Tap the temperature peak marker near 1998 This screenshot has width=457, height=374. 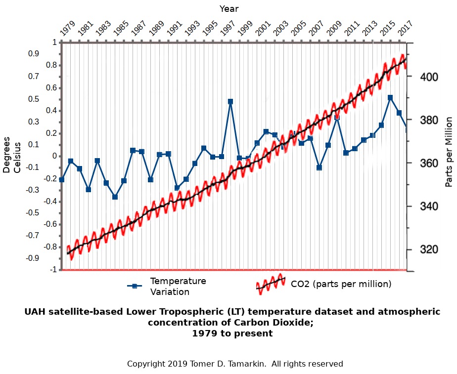[x=230, y=102]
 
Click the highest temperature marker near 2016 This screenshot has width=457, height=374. [x=390, y=98]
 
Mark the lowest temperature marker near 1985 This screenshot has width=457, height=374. [x=115, y=197]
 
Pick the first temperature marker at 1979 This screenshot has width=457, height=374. [x=61, y=179]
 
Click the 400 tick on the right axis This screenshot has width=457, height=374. [x=428, y=77]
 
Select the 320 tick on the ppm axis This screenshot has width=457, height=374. [x=428, y=249]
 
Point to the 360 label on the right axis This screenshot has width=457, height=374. [x=428, y=164]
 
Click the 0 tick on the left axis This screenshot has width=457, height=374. [x=54, y=156]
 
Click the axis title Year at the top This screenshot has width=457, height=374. [x=229, y=9]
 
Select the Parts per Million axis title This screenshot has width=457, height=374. [x=449, y=152]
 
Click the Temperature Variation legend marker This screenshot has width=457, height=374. [x=133, y=286]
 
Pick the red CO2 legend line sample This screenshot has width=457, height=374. [x=271, y=283]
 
